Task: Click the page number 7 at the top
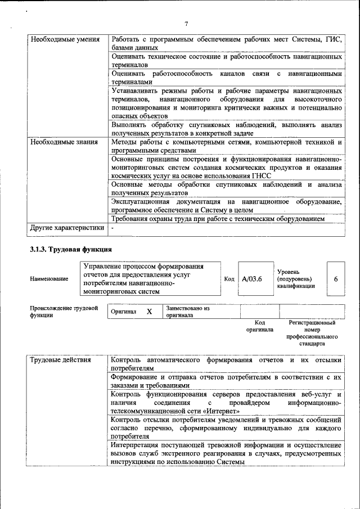click(186, 23)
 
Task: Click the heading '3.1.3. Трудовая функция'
click(71, 249)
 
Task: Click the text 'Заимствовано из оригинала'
click(187, 312)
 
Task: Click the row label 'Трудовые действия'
click(61, 359)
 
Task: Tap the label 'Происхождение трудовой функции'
click(64, 312)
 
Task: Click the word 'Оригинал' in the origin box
click(123, 312)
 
